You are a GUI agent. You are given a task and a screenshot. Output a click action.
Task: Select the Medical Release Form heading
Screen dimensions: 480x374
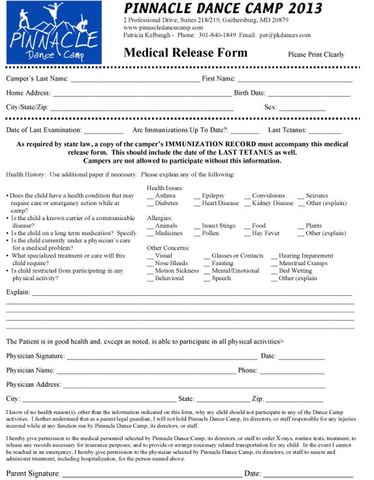tap(185, 52)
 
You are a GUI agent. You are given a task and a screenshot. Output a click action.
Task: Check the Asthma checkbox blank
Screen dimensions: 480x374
tap(150, 197)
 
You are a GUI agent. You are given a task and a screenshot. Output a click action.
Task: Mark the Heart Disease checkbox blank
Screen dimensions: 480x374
tap(197, 204)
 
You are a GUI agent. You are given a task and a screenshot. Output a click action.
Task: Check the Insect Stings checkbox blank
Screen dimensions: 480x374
tap(197, 227)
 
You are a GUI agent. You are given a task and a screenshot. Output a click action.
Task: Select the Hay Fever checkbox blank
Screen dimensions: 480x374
tap(247, 234)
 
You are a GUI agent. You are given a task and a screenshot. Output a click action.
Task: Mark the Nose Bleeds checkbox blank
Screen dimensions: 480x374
tap(150, 264)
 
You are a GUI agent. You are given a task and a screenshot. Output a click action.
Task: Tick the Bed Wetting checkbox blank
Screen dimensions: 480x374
tap(274, 272)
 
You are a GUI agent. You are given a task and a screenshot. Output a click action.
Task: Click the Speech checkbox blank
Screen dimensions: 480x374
tap(207, 279)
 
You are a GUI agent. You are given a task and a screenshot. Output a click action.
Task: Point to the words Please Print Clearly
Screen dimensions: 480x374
tap(316, 54)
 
